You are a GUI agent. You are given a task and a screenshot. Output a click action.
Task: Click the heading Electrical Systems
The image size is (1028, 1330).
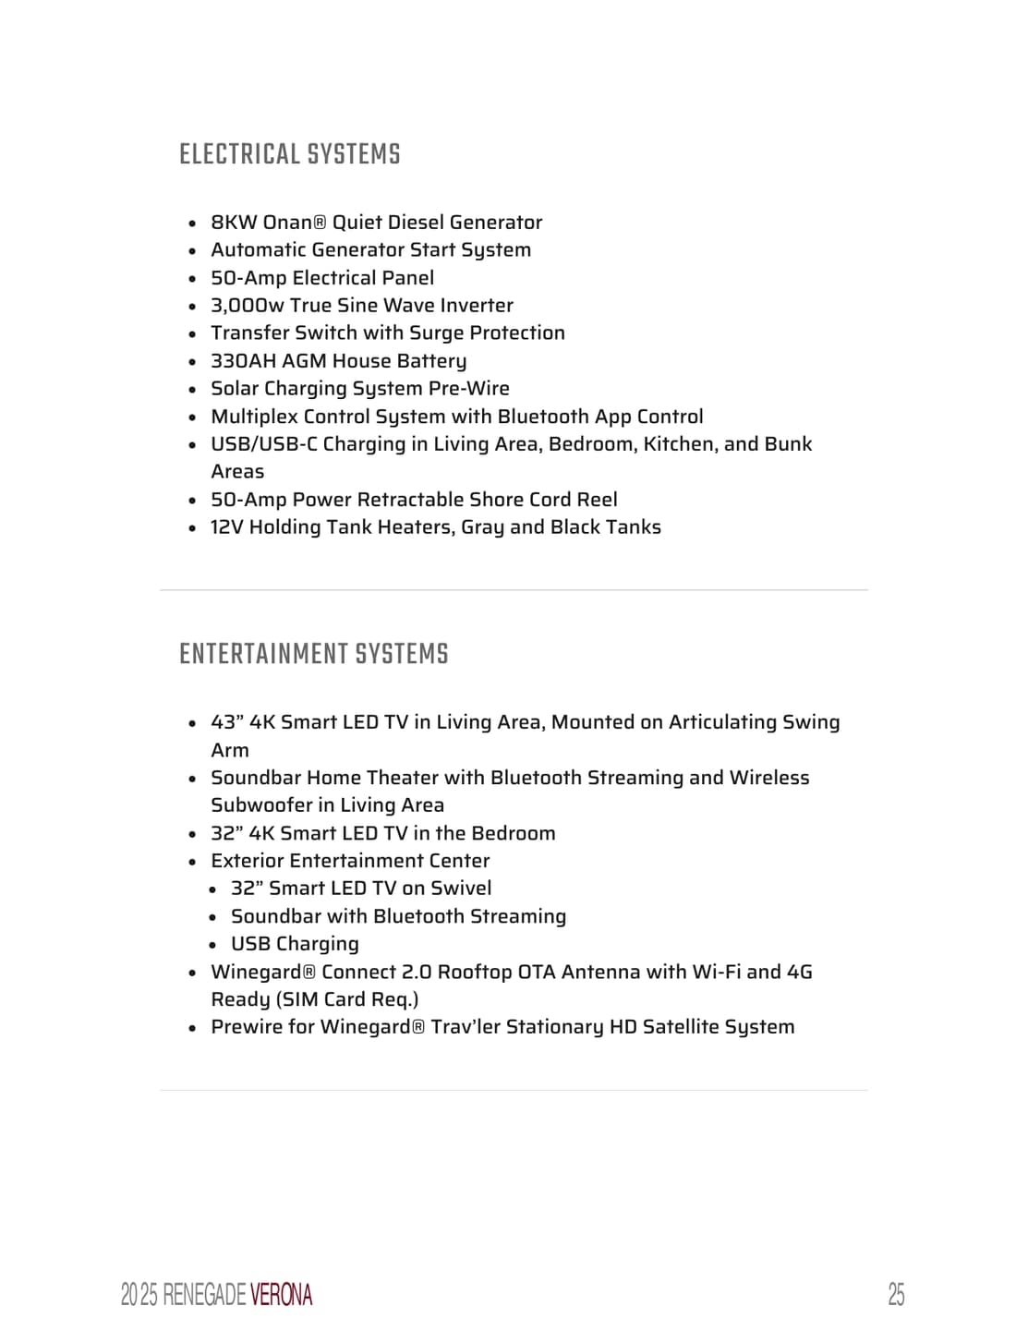(x=289, y=154)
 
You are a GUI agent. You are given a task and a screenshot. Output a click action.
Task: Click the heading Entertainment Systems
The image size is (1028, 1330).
(x=313, y=654)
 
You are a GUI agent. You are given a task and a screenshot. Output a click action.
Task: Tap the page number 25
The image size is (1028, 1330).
(x=895, y=1294)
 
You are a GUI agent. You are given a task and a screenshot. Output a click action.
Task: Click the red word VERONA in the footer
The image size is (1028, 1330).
(x=281, y=1295)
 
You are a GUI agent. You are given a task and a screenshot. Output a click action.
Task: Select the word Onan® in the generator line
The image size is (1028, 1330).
(x=295, y=223)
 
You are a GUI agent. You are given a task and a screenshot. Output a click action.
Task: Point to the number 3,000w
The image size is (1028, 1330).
(x=247, y=306)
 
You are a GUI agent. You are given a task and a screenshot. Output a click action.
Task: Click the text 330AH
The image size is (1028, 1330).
(x=243, y=361)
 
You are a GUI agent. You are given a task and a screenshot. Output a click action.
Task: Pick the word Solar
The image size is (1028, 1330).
(x=235, y=389)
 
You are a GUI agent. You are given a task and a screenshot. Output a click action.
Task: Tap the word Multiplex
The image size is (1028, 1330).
(x=254, y=417)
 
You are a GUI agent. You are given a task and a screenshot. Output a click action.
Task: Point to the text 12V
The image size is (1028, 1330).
(x=226, y=527)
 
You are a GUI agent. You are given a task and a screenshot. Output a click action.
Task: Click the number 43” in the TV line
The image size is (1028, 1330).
(x=227, y=722)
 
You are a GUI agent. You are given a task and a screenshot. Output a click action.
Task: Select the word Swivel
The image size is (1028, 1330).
(x=461, y=889)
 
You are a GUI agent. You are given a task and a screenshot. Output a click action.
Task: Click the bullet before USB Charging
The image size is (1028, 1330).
(x=212, y=945)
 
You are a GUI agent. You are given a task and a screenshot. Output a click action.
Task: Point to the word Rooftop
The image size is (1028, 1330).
(x=474, y=972)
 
